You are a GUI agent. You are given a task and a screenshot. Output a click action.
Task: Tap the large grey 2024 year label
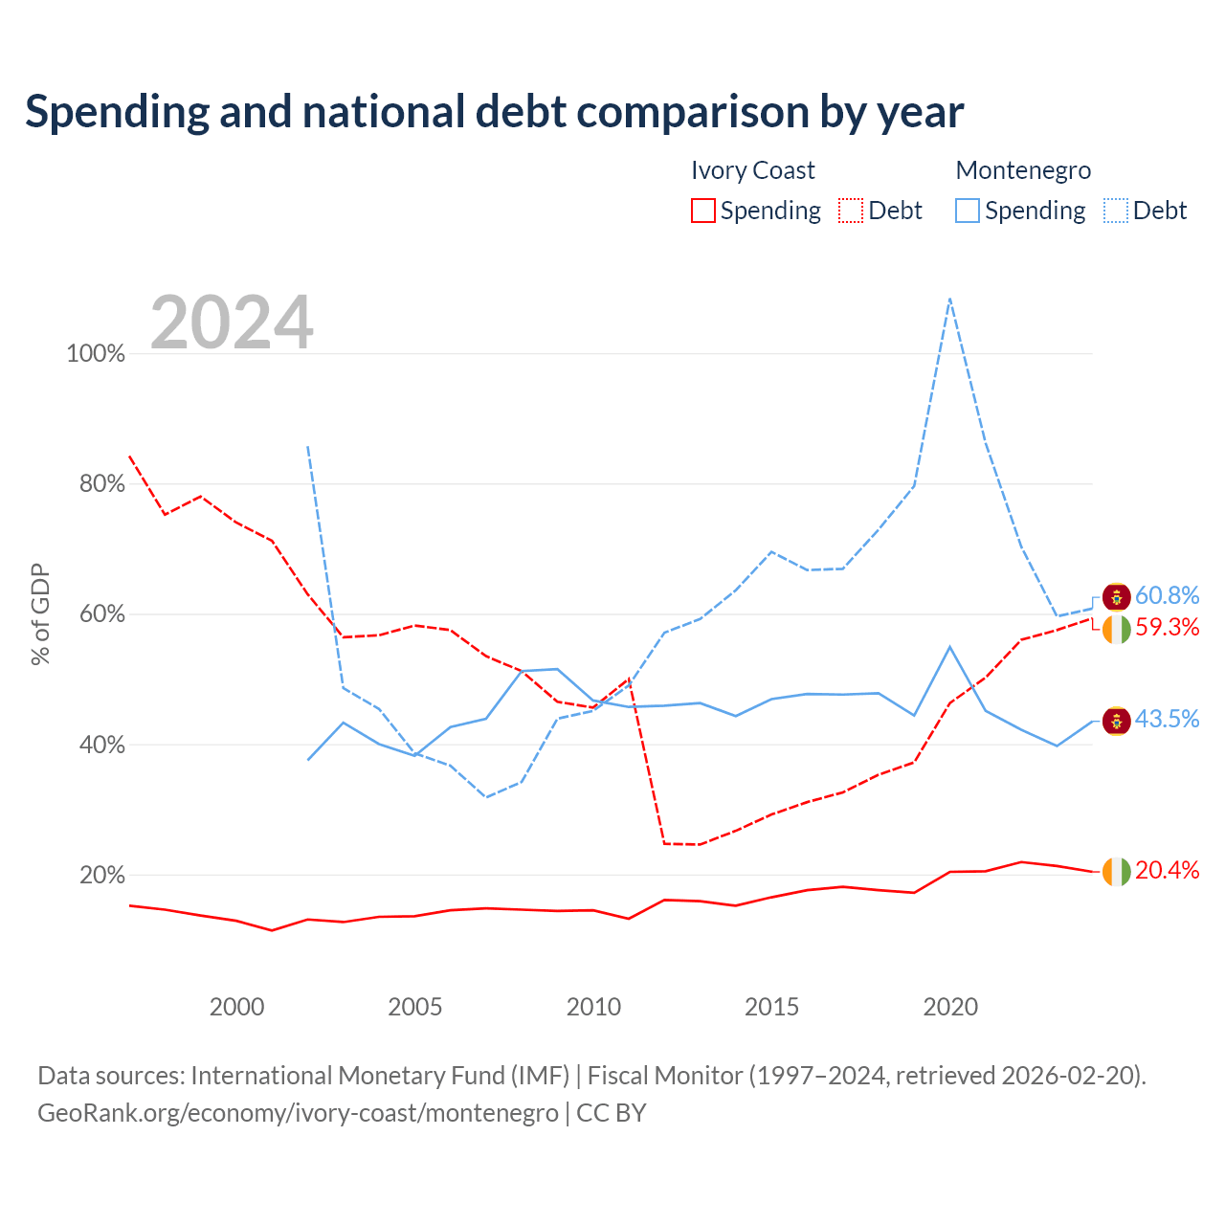(x=232, y=322)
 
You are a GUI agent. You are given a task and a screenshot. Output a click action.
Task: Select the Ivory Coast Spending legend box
(x=702, y=211)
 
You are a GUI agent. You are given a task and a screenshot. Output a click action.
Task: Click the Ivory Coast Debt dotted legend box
(x=850, y=211)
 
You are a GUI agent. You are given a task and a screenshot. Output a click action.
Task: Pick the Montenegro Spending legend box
(x=967, y=211)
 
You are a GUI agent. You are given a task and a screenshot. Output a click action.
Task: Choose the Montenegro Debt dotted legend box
(x=1115, y=211)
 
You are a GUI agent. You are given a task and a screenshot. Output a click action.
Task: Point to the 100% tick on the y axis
(x=96, y=353)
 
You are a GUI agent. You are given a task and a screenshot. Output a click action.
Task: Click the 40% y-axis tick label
(x=101, y=745)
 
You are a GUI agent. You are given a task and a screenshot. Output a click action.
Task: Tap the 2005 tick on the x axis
(x=414, y=1006)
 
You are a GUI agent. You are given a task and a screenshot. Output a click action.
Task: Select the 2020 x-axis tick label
(x=949, y=1006)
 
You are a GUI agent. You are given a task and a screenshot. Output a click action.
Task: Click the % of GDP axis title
(x=40, y=614)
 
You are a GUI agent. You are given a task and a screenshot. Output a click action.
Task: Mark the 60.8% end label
(x=1167, y=595)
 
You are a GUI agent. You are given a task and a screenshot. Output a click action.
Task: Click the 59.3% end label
(x=1167, y=628)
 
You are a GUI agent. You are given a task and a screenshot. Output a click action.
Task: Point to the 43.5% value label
(x=1167, y=719)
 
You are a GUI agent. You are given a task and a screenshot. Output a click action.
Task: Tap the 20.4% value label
(x=1167, y=870)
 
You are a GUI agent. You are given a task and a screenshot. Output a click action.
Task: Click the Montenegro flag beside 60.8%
(x=1116, y=597)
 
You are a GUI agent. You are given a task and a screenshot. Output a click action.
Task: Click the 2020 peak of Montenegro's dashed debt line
(x=949, y=299)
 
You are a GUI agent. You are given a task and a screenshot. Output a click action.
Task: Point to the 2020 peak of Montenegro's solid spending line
(x=949, y=647)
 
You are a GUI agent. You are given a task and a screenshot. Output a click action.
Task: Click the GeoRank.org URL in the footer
(x=298, y=1113)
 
